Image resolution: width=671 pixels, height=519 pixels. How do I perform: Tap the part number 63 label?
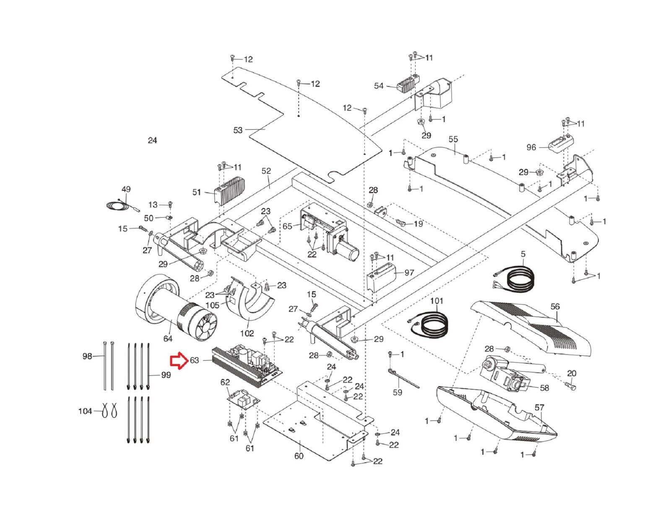pyautogui.click(x=194, y=360)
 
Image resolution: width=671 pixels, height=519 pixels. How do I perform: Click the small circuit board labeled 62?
pyautogui.click(x=244, y=398)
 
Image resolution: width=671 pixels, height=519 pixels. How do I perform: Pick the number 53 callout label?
pyautogui.click(x=238, y=130)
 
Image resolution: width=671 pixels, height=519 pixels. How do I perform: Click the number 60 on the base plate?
pyautogui.click(x=299, y=456)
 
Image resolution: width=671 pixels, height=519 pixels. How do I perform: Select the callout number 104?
pyautogui.click(x=85, y=411)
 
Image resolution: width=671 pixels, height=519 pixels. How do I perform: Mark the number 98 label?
pyautogui.click(x=87, y=356)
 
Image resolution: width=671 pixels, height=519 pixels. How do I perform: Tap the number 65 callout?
pyautogui.click(x=287, y=226)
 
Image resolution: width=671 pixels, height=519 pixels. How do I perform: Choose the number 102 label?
pyautogui.click(x=247, y=333)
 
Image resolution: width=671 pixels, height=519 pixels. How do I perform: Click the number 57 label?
pyautogui.click(x=539, y=407)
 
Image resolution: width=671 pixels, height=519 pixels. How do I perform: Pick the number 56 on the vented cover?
pyautogui.click(x=555, y=307)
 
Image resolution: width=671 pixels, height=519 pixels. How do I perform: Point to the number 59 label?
pyautogui.click(x=397, y=392)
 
